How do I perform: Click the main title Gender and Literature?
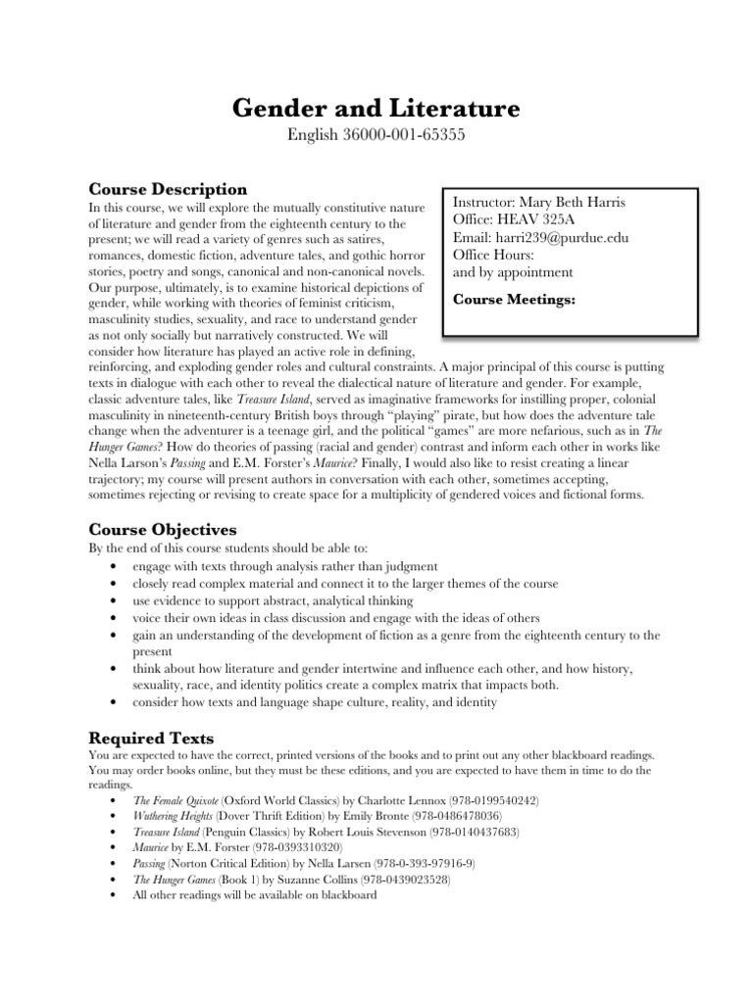tap(376, 108)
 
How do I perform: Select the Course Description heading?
tap(168, 188)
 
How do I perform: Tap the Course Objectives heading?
tap(162, 530)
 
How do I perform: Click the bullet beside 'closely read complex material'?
tap(117, 584)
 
